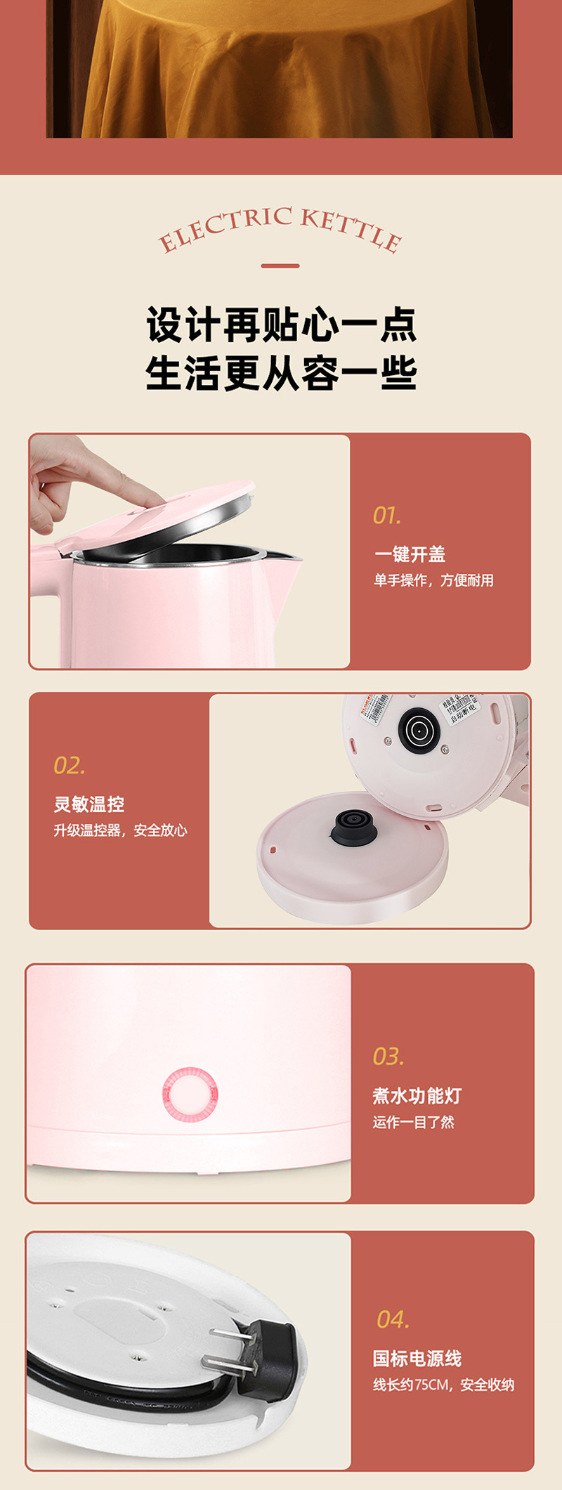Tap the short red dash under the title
tap(280, 266)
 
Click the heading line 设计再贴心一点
tap(281, 325)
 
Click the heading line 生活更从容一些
tap(281, 373)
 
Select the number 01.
tap(387, 516)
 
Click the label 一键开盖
tap(410, 554)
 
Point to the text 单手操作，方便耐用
tap(433, 580)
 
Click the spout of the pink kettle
tap(288, 558)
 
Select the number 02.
tap(69, 766)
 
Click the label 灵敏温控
tap(89, 804)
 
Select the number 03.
tap(388, 1057)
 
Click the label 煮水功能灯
tap(417, 1096)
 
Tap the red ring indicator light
tap(190, 1094)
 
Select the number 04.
tap(393, 1320)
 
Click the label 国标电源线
tap(417, 1359)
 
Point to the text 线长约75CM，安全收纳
tap(443, 1385)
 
